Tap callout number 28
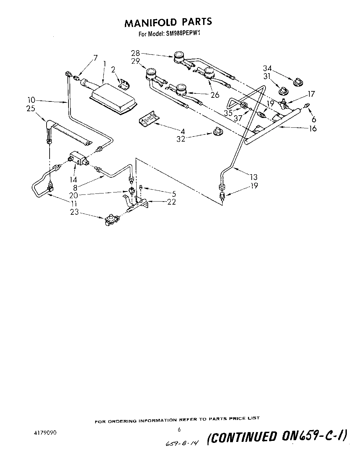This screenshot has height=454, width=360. pos(135,53)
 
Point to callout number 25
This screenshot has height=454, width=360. pos(30,109)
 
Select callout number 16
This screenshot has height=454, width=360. pos(313,128)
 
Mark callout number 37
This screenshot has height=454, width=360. pos(238,119)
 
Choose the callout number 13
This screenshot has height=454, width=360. pos(253,177)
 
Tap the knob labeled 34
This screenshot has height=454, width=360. pos(297,82)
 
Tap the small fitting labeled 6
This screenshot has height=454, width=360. pos(306,106)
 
